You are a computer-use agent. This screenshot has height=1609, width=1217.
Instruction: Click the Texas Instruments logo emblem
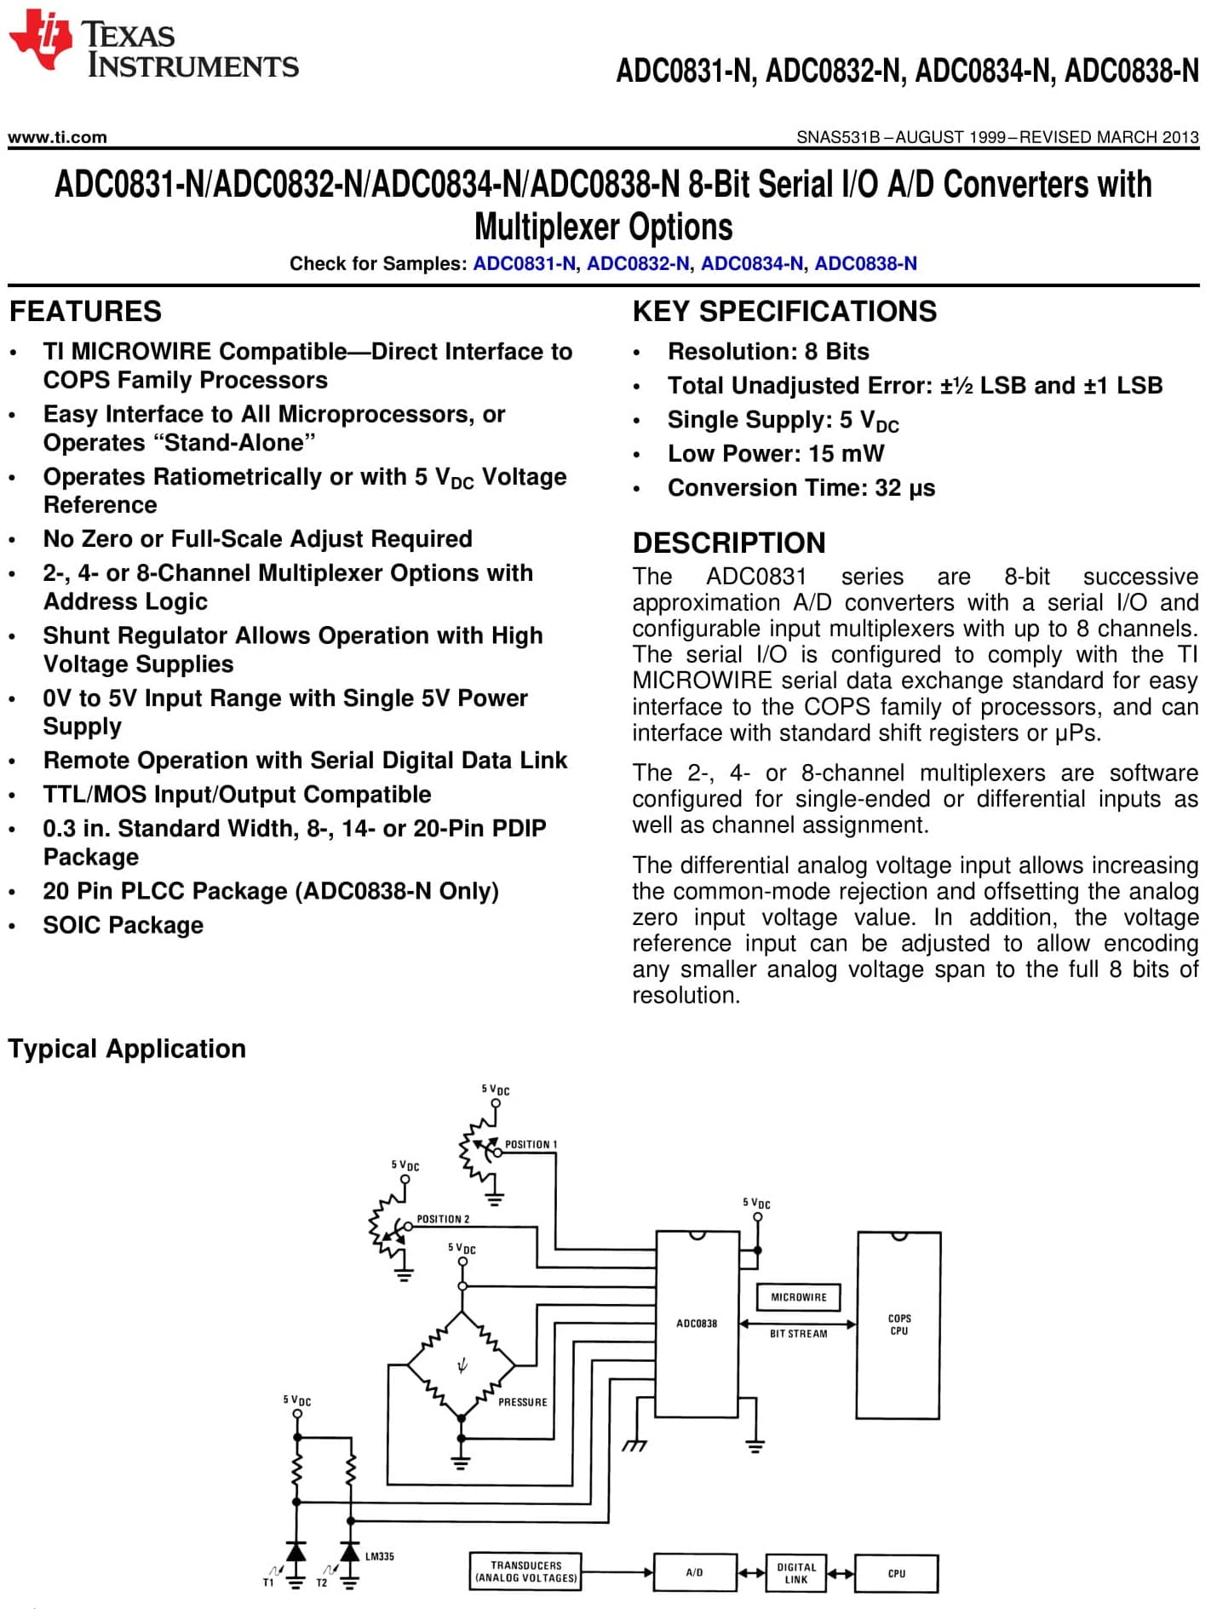[40, 40]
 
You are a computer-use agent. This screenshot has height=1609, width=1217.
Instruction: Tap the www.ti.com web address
[57, 137]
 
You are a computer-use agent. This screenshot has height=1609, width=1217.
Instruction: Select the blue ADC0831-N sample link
[525, 263]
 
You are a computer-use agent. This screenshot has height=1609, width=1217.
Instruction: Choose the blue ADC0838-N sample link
[866, 263]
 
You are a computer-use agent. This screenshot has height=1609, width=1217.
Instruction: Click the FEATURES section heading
[85, 311]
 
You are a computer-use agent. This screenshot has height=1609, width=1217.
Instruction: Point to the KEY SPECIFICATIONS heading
[784, 311]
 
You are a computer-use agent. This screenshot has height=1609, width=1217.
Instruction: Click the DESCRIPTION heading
[729, 543]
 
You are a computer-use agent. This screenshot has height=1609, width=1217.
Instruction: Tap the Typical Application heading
[127, 1049]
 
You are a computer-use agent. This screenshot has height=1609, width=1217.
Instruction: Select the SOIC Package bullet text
[123, 925]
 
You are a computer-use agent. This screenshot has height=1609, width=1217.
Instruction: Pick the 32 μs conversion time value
[905, 488]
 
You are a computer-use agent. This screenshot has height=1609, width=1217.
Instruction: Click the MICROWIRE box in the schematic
[799, 1297]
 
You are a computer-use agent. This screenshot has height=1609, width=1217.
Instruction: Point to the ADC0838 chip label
[697, 1324]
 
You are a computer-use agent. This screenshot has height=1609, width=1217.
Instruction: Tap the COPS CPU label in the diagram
[899, 1325]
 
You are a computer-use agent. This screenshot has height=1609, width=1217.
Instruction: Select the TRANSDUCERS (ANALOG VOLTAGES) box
[525, 1572]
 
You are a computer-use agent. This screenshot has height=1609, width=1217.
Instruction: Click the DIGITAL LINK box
[796, 1573]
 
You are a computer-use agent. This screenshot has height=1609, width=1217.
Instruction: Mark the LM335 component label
[380, 1556]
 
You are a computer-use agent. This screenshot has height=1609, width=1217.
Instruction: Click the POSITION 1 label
[531, 1144]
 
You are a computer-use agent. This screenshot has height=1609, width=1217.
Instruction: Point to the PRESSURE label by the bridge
[523, 1402]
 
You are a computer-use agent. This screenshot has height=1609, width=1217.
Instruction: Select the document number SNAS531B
[838, 137]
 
